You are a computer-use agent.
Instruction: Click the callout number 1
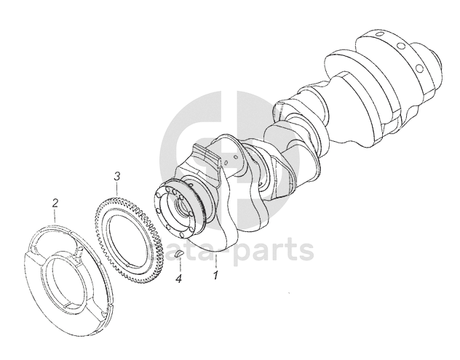point(216,276)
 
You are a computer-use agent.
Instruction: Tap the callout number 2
point(55,203)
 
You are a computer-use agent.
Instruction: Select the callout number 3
point(116,177)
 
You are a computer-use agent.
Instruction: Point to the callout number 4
point(178,279)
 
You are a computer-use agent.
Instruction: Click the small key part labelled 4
point(179,254)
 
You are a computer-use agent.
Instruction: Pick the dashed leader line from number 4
point(180,265)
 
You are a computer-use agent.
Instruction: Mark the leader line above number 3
point(117,189)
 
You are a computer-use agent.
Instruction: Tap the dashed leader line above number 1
point(216,262)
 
